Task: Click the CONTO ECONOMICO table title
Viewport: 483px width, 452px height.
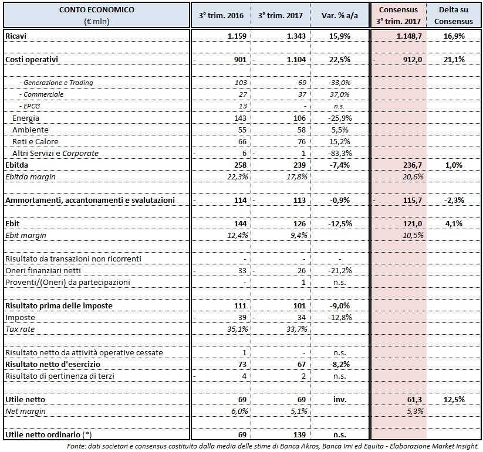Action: pyautogui.click(x=96, y=10)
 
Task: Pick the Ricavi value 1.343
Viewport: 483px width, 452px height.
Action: pyautogui.click(x=297, y=36)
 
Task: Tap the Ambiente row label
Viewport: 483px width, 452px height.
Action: pyautogui.click(x=31, y=130)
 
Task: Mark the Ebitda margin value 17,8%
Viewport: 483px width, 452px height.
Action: pyautogui.click(x=297, y=176)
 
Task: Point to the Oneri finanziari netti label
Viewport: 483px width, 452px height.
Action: pyautogui.click(x=43, y=270)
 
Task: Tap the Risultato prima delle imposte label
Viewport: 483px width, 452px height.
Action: pyautogui.click(x=59, y=305)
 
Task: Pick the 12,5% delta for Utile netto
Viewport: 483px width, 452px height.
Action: pyautogui.click(x=456, y=399)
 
